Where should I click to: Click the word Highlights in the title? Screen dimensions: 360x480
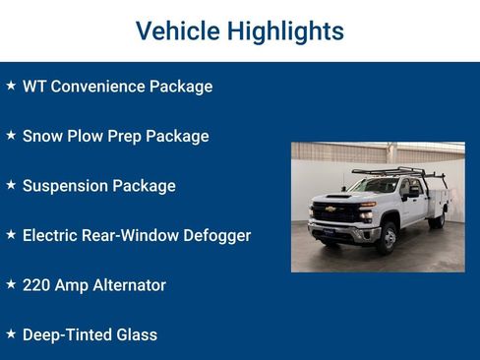285,31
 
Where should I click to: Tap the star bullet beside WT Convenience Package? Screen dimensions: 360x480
11,86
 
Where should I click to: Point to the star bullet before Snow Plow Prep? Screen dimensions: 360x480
11,135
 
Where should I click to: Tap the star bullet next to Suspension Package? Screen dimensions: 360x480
11,185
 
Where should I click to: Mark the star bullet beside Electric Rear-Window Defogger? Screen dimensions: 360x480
11,234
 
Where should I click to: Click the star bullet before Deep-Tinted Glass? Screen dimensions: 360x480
11,334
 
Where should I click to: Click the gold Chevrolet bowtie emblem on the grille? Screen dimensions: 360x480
330,210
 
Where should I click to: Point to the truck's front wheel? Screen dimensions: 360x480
389,237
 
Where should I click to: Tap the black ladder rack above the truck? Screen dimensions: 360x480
398,173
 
